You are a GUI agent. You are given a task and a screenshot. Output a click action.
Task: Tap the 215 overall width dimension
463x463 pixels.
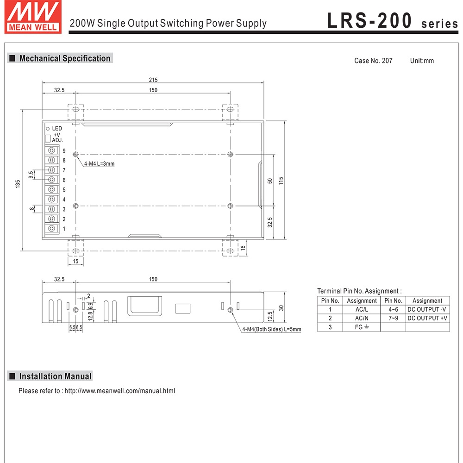pos(153,80)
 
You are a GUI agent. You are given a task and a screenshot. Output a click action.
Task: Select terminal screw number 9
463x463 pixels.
pos(52,151)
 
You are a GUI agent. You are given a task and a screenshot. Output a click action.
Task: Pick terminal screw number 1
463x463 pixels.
pos(52,229)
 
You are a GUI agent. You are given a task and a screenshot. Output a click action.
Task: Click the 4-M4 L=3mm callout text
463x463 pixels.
pos(99,163)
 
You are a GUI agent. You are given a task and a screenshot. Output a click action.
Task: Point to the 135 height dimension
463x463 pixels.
pos(18,184)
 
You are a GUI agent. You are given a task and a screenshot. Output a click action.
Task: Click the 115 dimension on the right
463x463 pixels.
pos(281,181)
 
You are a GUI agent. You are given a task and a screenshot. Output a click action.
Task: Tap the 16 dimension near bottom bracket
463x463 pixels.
pos(243,248)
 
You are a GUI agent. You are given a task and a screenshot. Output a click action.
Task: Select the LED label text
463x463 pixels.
pos(57,128)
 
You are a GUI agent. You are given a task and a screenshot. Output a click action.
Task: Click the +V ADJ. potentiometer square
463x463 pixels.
pos(47,138)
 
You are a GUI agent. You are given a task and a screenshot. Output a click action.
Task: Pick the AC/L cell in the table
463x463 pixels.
pos(362,309)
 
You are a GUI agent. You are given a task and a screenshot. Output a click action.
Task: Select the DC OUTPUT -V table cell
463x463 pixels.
pos(427,309)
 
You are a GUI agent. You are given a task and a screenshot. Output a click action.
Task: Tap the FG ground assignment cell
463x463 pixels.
pos(362,327)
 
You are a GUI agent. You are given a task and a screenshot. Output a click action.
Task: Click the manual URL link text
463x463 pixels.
pos(120,391)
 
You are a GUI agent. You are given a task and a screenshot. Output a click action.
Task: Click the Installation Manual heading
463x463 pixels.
pos(55,376)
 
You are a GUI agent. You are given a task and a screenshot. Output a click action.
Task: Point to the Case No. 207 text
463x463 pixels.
pos(373,61)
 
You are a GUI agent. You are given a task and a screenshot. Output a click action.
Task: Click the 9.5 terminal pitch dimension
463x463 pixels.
pos(31,175)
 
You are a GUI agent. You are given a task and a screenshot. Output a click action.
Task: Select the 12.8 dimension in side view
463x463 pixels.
pos(91,316)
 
